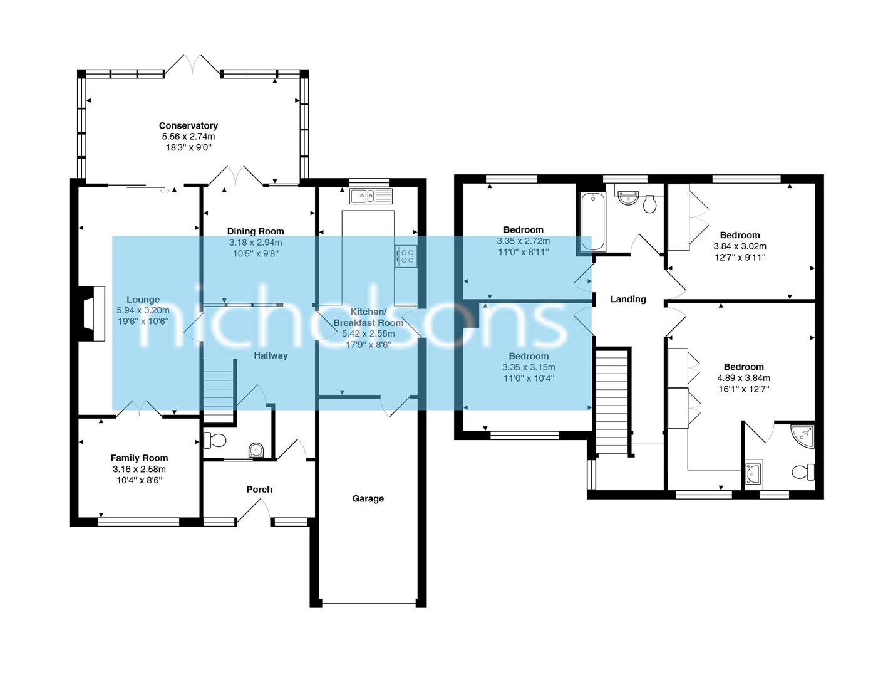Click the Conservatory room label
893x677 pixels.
[188, 125]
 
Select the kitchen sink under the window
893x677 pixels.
[371, 196]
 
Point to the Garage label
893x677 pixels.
[368, 499]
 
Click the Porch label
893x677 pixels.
[259, 490]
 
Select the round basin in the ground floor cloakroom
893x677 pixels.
[256, 449]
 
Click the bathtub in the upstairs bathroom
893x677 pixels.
[592, 222]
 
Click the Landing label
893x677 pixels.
[628, 299]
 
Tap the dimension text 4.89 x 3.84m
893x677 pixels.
[743, 378]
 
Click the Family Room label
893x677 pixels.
[139, 458]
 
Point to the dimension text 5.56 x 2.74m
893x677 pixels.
[188, 137]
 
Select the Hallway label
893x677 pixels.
[271, 355]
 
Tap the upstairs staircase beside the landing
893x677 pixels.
[611, 401]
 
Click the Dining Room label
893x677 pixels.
[256, 231]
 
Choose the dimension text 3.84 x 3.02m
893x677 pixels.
[740, 246]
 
